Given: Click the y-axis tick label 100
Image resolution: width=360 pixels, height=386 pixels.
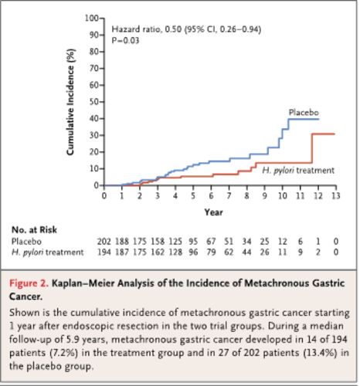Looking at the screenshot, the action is tap(91, 19).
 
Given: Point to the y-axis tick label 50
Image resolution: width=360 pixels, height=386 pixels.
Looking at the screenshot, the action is tap(93, 102).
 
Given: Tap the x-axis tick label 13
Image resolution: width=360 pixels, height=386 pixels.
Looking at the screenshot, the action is tap(335, 196).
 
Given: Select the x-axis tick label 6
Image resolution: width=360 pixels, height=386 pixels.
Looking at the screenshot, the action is tap(211, 196).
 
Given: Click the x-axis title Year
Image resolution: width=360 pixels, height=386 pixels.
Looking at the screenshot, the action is tap(213, 212).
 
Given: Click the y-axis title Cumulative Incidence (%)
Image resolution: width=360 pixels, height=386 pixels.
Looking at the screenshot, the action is tap(70, 102).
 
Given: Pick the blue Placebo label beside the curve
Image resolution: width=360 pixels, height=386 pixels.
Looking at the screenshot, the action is tap(304, 113).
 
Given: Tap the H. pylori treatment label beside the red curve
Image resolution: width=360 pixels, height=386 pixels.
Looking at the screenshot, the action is tap(298, 171).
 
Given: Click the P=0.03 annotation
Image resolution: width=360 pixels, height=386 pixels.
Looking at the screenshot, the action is tap(125, 40).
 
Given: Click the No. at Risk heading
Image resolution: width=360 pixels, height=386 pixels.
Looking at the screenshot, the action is tap(34, 230).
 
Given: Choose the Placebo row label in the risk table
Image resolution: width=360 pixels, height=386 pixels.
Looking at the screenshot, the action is tap(26, 242).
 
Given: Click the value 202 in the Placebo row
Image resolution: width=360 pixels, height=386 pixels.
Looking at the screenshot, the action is tap(104, 242).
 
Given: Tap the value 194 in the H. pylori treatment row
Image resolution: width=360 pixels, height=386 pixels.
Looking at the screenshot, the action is tap(104, 252).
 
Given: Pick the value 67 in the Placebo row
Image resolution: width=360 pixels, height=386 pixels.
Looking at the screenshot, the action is tap(211, 242).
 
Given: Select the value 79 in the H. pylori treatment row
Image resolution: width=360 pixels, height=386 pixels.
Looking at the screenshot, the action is tap(211, 252).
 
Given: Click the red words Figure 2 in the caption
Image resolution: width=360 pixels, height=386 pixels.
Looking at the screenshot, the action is tap(29, 283).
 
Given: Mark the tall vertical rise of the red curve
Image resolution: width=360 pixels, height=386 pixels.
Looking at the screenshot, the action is tap(312, 148).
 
